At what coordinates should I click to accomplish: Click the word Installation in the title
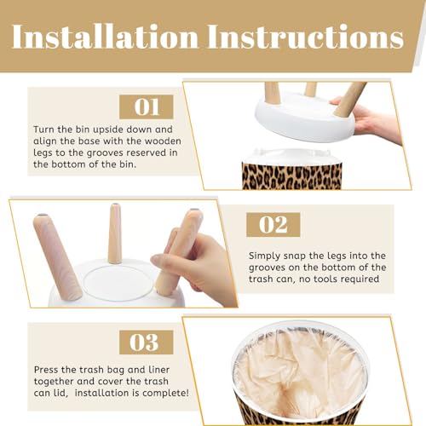(x=105, y=37)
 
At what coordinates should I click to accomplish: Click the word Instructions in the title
(x=306, y=37)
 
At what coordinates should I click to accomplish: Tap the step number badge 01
(x=147, y=106)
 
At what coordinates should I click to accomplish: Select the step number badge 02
(x=273, y=224)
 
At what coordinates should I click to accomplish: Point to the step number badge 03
(x=147, y=342)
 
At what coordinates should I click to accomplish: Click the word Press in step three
(x=46, y=370)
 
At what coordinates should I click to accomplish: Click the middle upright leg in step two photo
(x=115, y=233)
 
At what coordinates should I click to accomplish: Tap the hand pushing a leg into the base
(x=196, y=267)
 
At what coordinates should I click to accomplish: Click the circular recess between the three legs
(x=118, y=283)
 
